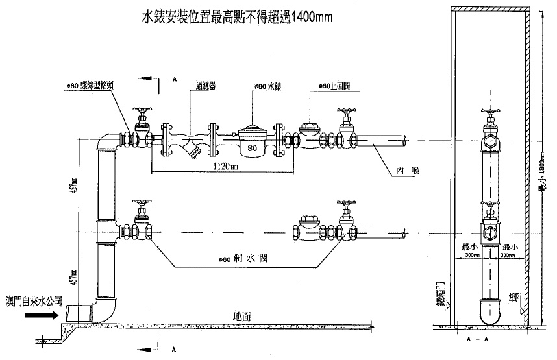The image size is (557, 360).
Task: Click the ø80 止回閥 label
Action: pyautogui.click(x=334, y=86)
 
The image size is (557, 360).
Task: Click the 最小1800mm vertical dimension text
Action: pyautogui.click(x=541, y=175)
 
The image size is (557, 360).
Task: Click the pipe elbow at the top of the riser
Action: pyautogui.click(x=105, y=142)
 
